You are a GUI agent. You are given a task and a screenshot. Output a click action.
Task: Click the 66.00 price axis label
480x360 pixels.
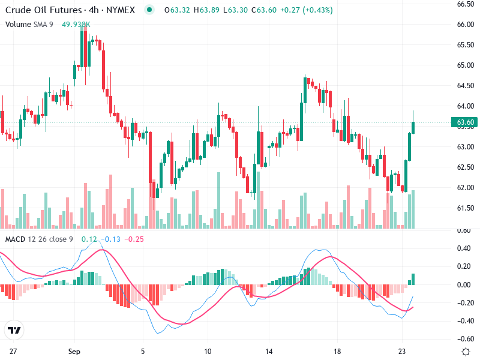(466, 25)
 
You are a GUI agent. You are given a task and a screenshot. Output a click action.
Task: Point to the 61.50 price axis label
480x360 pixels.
(466, 208)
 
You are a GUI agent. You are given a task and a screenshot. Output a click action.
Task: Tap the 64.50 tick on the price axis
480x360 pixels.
(466, 86)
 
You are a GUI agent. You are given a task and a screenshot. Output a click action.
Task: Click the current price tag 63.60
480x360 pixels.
(466, 122)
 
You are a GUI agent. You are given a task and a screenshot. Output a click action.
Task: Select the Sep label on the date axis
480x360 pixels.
(74, 351)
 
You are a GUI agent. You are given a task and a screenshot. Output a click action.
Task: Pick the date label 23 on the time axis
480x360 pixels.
(403, 351)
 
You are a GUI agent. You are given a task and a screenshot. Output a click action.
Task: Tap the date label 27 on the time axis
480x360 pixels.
(13, 351)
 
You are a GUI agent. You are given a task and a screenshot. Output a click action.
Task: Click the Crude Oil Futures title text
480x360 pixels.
(41, 10)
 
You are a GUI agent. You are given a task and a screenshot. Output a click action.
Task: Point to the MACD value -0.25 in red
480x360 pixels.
(136, 239)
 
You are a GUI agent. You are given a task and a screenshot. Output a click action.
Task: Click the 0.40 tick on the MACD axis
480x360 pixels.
(463, 248)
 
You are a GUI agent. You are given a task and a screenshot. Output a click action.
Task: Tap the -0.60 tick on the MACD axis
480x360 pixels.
(463, 339)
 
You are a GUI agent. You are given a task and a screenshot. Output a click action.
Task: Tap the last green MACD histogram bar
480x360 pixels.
(412, 279)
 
